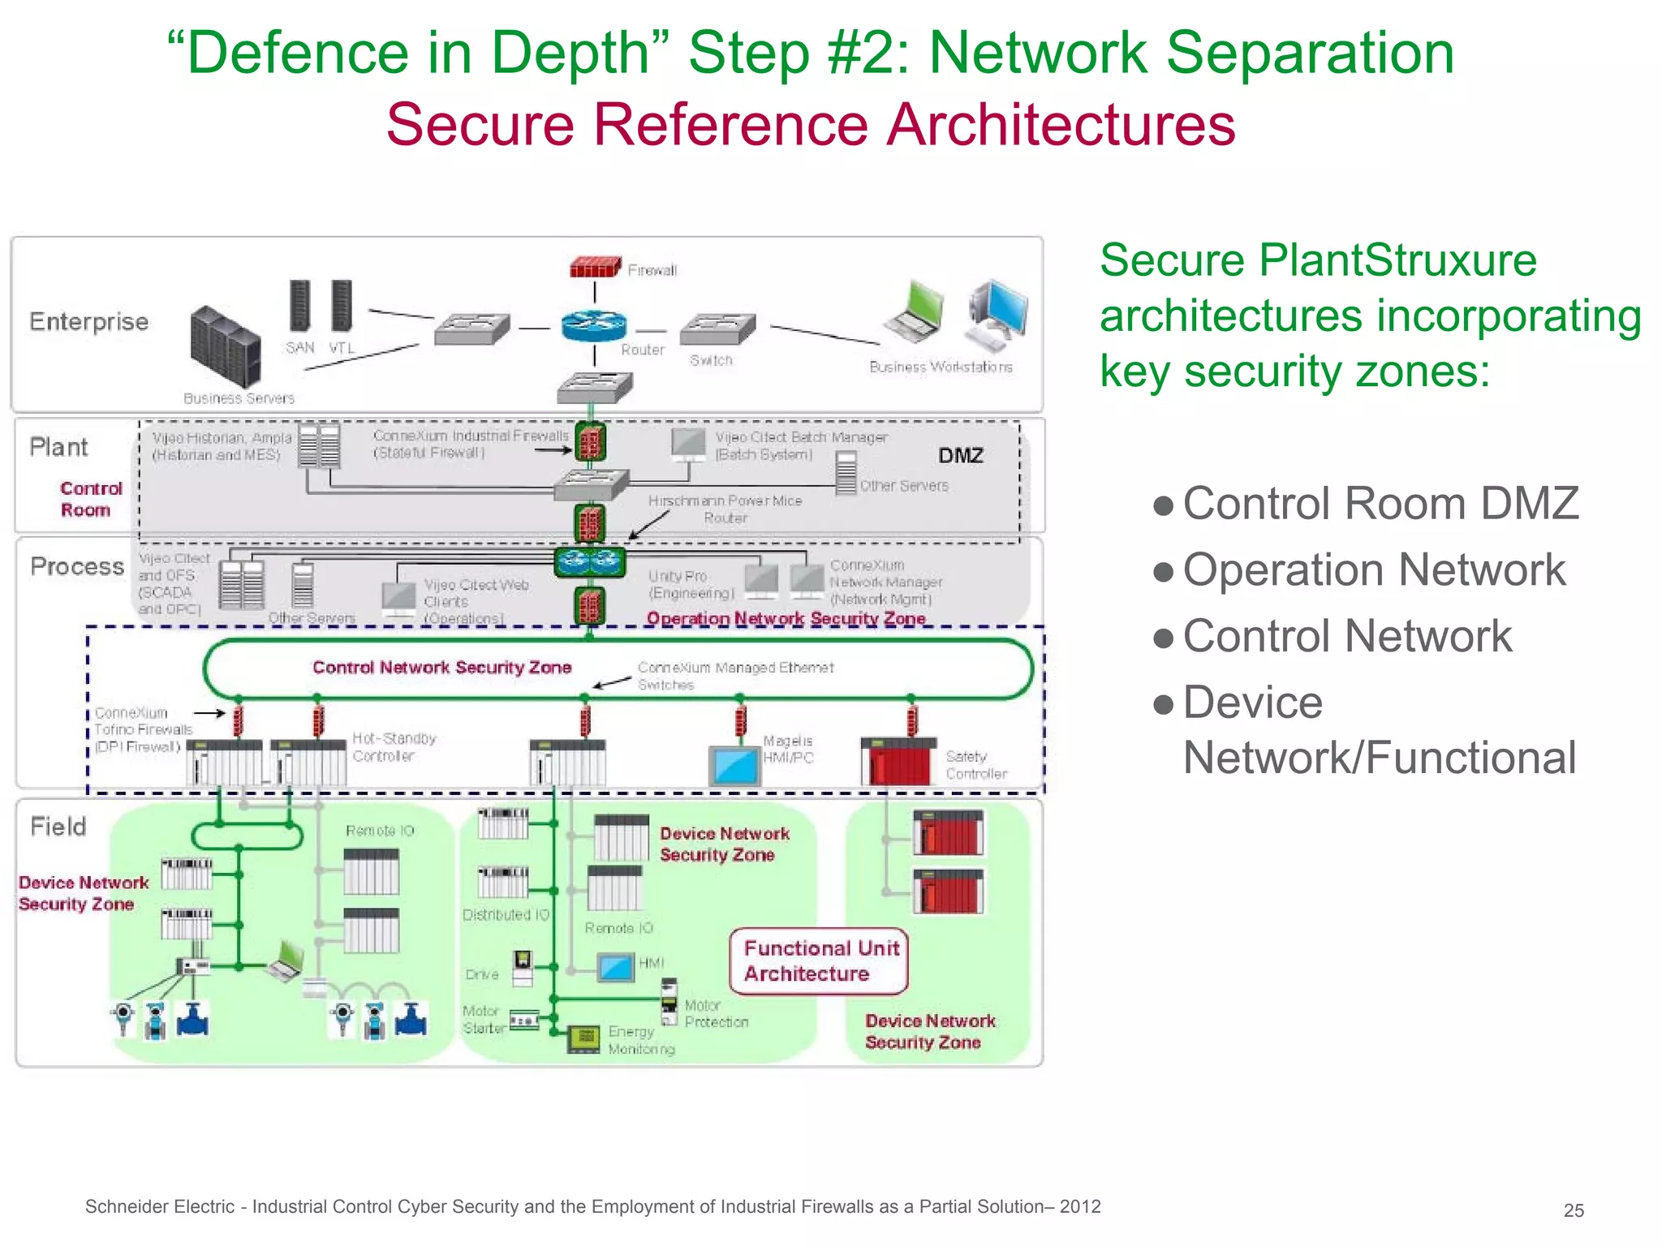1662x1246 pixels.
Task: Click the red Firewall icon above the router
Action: click(595, 266)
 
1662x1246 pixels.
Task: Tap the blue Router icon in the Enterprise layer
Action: click(594, 326)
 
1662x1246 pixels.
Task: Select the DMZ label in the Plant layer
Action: click(961, 456)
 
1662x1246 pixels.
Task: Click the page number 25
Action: click(1574, 1210)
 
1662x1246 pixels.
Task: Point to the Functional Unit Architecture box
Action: click(820, 961)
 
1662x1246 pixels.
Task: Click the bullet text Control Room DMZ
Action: click(1380, 504)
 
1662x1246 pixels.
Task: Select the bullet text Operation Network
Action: click(1373, 569)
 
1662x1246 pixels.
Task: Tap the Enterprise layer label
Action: click(89, 322)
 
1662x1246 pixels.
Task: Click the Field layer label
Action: click(58, 827)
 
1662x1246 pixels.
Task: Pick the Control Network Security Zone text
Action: click(442, 668)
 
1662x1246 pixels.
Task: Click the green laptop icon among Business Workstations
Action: click(915, 311)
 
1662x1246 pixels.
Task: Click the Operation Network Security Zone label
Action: click(786, 619)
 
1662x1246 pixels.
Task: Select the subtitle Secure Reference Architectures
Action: click(810, 125)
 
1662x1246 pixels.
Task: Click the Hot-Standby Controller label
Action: click(394, 747)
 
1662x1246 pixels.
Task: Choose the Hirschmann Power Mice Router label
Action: click(725, 509)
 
